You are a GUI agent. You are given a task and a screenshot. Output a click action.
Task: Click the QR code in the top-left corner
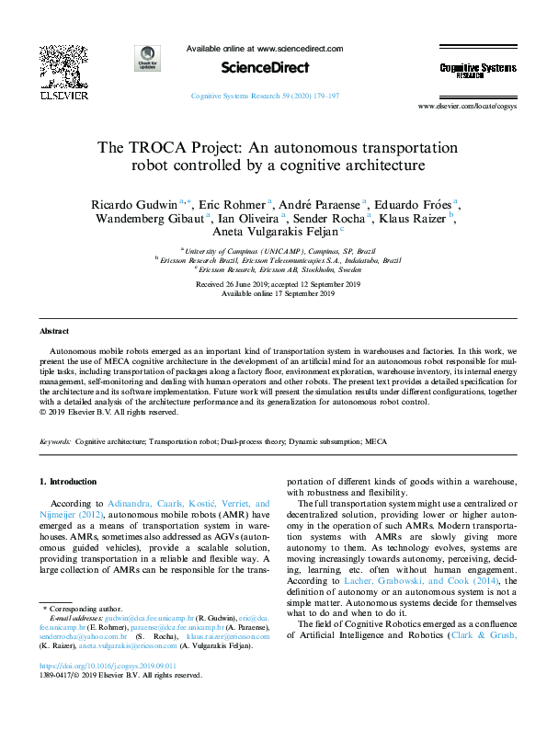pos(63,64)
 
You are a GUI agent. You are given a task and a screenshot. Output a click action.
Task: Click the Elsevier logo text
pos(63,94)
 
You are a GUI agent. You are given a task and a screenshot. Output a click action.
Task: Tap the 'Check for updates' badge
pos(147,57)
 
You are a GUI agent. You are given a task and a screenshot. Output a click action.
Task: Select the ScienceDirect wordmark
pos(264,67)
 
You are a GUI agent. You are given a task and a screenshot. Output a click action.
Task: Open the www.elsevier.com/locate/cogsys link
pos(468,107)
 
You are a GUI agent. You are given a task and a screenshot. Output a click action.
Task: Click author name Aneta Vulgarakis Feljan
pos(274,234)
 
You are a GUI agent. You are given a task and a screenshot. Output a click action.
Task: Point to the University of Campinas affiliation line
pos(280,250)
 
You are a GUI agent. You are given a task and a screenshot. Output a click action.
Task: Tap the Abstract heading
pos(54,330)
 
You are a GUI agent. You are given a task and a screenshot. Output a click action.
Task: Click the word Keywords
pos(55,442)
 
